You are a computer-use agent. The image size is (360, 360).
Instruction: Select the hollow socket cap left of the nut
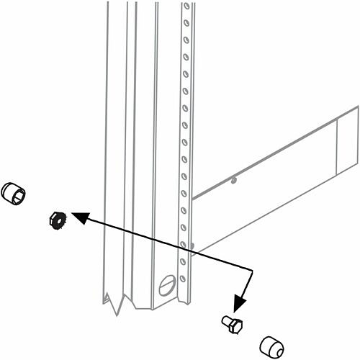[13, 193]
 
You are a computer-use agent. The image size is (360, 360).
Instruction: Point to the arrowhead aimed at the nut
[78, 216]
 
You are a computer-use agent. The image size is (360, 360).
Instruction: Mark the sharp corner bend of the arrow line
[253, 269]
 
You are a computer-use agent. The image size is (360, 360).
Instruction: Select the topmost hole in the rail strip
[186, 8]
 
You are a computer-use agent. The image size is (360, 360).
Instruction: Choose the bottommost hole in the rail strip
[184, 279]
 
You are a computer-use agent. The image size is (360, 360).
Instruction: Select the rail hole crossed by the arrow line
[184, 244]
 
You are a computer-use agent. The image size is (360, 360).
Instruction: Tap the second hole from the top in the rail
[186, 24]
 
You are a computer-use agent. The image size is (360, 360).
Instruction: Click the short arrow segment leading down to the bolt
[246, 286]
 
